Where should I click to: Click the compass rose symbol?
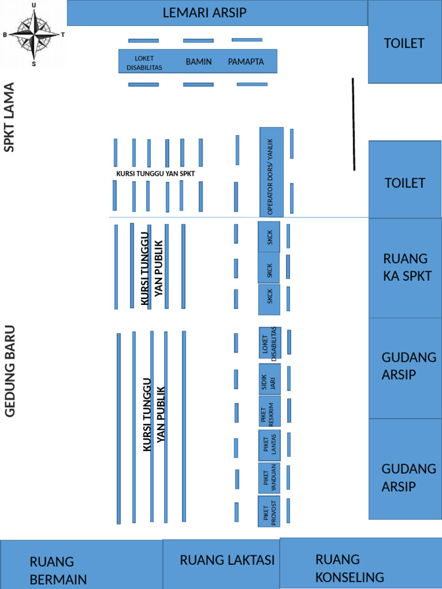(x=34, y=35)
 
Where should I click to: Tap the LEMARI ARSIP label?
(x=204, y=13)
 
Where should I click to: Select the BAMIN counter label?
(x=199, y=62)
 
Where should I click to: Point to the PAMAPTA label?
(x=246, y=62)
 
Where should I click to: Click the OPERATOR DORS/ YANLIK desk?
(x=272, y=172)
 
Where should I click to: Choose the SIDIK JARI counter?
(x=269, y=380)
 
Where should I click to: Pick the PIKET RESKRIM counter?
(x=269, y=411)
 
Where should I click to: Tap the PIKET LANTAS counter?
(x=269, y=445)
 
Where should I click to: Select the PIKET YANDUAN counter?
(x=269, y=478)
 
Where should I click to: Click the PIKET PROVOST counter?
(x=269, y=511)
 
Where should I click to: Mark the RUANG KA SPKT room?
(x=405, y=268)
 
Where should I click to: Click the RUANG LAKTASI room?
(x=222, y=564)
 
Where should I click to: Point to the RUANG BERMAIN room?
(x=82, y=565)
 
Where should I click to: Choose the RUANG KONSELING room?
(x=361, y=564)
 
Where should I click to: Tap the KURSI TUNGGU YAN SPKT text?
(x=155, y=174)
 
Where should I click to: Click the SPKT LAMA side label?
(x=9, y=117)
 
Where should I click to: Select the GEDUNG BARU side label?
(x=10, y=371)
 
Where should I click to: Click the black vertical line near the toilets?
(x=353, y=124)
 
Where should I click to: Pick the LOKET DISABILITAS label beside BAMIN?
(x=144, y=63)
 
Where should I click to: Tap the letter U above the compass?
(x=34, y=5)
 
